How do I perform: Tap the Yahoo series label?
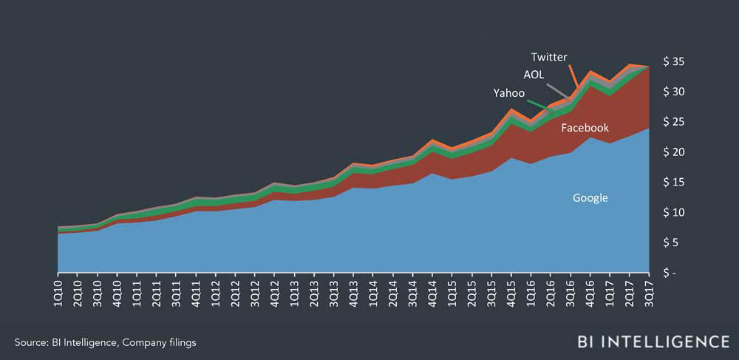coord(508,93)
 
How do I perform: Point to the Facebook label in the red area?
coord(585,128)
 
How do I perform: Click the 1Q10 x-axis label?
coord(59,292)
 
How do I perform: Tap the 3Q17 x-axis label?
coord(648,292)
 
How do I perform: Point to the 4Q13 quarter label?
coord(353,292)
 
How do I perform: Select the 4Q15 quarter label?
coord(511,292)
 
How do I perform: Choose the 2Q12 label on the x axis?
coord(236,292)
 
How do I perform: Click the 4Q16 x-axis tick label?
coord(589,292)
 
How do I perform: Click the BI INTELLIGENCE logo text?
coord(653,342)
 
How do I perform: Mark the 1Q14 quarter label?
coord(373,292)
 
